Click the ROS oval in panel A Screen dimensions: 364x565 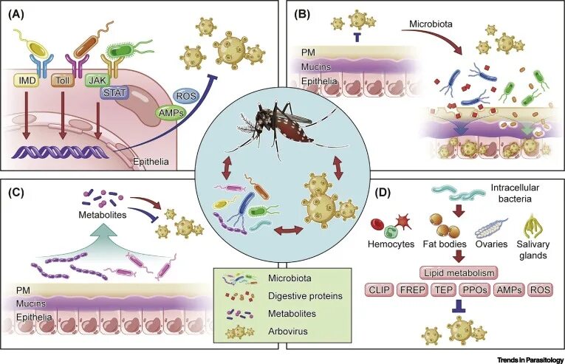coord(185,95)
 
